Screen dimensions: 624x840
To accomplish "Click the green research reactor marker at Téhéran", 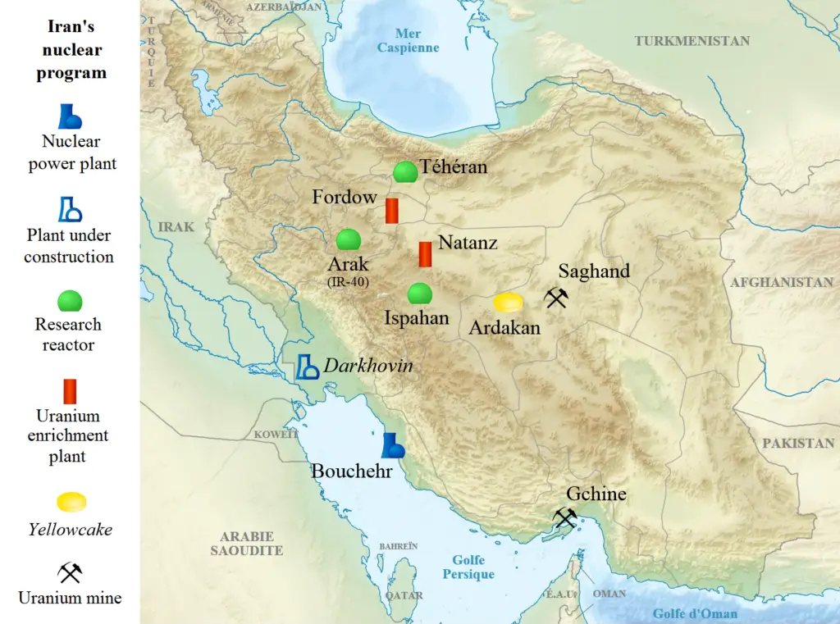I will [x=404, y=172].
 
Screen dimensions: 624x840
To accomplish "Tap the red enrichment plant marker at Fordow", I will [x=392, y=211].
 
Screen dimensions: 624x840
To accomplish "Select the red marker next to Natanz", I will [x=425, y=254].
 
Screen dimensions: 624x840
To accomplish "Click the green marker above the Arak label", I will [x=349, y=239].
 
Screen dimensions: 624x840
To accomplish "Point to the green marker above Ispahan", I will [x=420, y=294].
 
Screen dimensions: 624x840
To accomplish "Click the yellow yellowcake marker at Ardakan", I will [x=508, y=303].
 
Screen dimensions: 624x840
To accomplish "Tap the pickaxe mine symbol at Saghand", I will [x=556, y=298].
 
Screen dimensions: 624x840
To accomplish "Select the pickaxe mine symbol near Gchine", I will [x=564, y=517].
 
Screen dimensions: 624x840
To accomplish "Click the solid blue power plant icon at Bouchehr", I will [x=393, y=445].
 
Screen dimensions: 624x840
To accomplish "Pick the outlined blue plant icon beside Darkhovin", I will [x=308, y=367].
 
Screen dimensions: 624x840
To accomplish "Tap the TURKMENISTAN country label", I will [x=692, y=41].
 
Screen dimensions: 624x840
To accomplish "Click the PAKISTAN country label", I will [x=798, y=443].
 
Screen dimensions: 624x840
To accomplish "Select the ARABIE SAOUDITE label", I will [x=246, y=544].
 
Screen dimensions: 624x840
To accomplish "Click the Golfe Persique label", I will [x=468, y=567].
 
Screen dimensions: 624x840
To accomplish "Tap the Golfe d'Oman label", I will [x=695, y=613].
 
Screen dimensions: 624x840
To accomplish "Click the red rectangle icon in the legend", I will [x=70, y=391].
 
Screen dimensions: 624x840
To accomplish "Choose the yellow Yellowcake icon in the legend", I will [x=71, y=502].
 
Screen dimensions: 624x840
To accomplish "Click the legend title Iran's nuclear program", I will [x=71, y=49].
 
